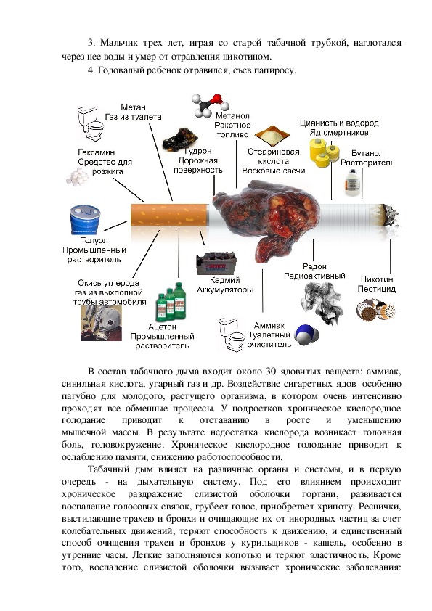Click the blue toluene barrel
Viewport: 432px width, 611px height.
[85, 220]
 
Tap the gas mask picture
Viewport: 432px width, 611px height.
[102, 323]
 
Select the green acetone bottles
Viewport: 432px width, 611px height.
[171, 301]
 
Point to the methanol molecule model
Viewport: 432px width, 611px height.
[210, 104]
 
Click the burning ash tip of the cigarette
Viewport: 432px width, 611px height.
[391, 216]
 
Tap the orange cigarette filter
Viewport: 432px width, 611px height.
[168, 215]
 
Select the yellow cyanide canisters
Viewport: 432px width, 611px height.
[325, 152]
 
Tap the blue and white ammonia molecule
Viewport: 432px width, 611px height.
[307, 335]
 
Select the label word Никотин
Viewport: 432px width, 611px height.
[377, 279]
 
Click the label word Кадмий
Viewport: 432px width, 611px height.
[224, 280]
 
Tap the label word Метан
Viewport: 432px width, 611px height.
[133, 107]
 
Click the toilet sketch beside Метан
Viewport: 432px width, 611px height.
[91, 123]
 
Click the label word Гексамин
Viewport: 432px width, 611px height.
[97, 152]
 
